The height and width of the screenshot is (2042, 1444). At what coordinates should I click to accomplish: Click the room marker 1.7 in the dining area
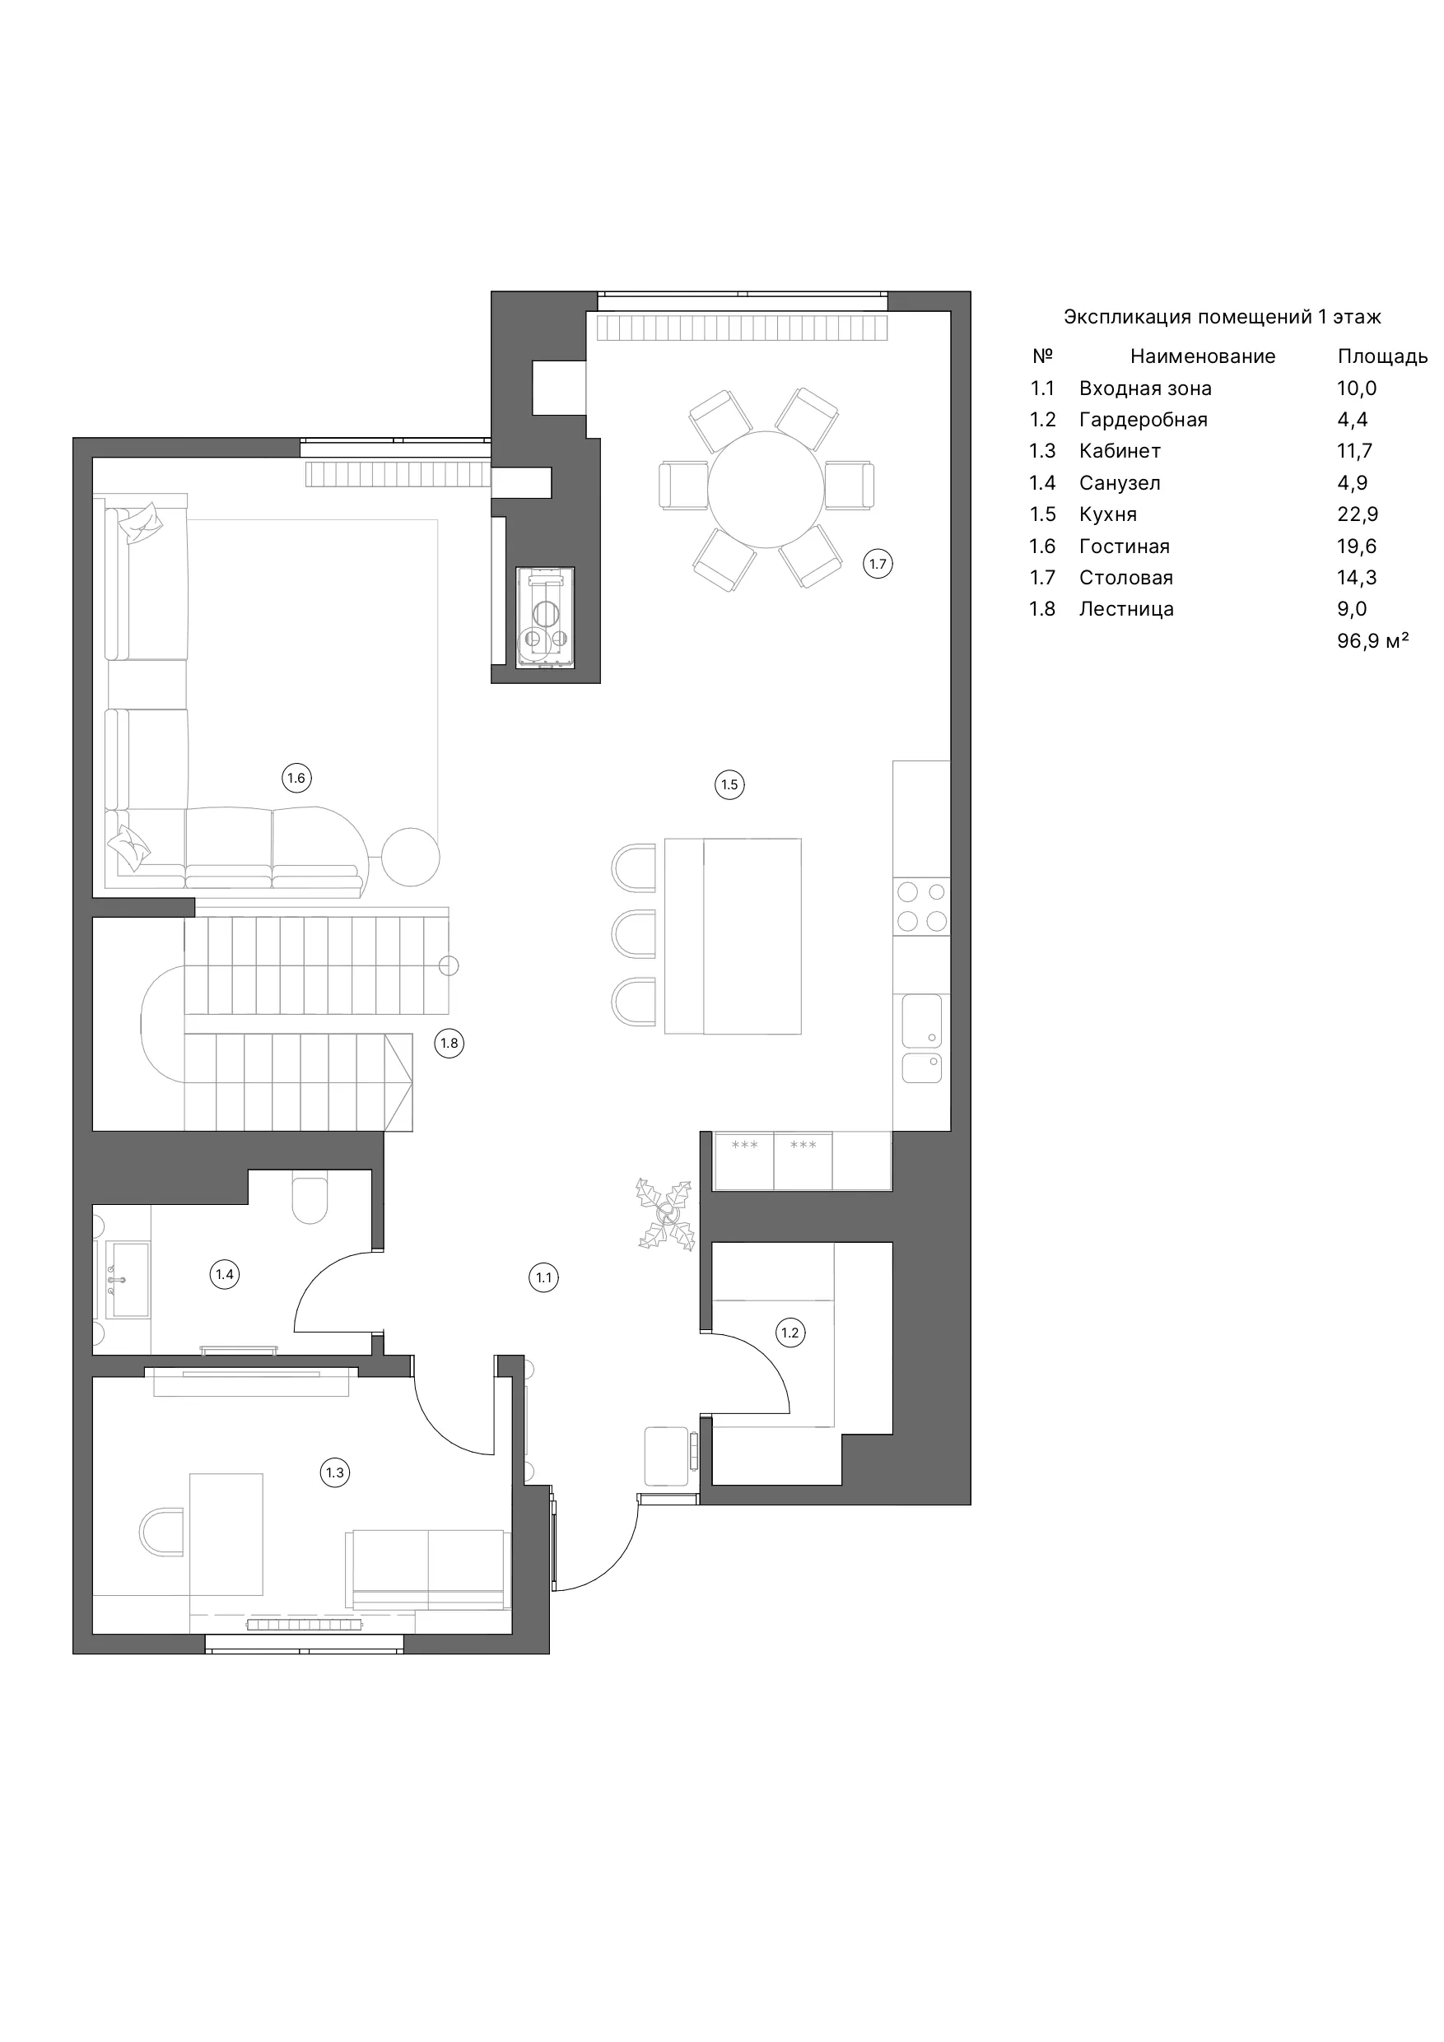click(878, 564)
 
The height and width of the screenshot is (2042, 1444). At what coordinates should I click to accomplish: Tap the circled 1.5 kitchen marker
click(729, 784)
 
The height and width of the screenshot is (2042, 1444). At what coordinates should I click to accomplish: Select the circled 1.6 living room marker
click(296, 779)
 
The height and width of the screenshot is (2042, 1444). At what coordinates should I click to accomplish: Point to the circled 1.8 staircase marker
click(450, 1044)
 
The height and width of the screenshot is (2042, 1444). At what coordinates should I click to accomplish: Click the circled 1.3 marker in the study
click(334, 1472)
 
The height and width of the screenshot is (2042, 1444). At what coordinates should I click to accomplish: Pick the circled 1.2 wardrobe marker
click(790, 1333)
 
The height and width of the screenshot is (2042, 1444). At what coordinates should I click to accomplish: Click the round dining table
click(765, 490)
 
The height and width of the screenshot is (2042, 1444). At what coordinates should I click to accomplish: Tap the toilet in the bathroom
click(310, 1200)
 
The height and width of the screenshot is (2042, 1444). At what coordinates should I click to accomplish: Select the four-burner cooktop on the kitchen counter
click(922, 906)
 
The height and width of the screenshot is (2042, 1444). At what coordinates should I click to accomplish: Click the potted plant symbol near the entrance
click(665, 1215)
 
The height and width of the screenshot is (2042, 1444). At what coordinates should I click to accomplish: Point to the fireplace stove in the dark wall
click(545, 617)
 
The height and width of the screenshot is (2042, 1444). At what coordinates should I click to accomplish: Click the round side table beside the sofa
click(411, 857)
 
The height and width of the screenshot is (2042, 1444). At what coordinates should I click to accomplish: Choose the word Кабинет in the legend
click(1120, 451)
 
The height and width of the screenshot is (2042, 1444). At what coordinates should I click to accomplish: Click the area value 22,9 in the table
click(1357, 514)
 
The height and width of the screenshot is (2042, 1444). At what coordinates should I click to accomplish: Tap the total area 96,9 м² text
click(1373, 640)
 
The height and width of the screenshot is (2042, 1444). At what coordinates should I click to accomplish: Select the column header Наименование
click(1202, 356)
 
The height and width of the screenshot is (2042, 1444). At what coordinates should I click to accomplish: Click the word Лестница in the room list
click(1126, 609)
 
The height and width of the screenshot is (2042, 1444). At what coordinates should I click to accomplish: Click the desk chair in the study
click(161, 1532)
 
